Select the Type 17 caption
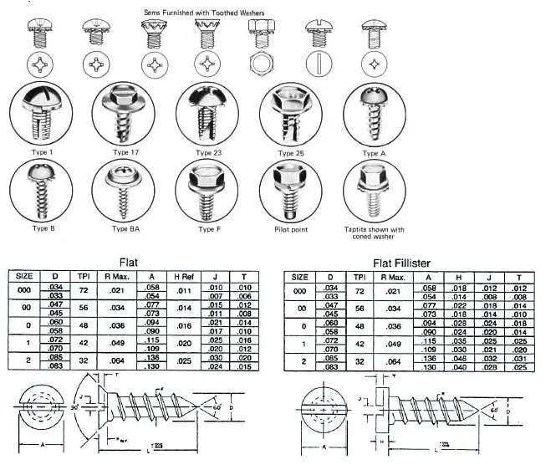tap(120, 153)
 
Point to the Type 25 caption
tap(290, 153)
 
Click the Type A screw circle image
tap(374, 115)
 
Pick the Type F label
tap(207, 229)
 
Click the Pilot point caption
tap(290, 229)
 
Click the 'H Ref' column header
tap(184, 277)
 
